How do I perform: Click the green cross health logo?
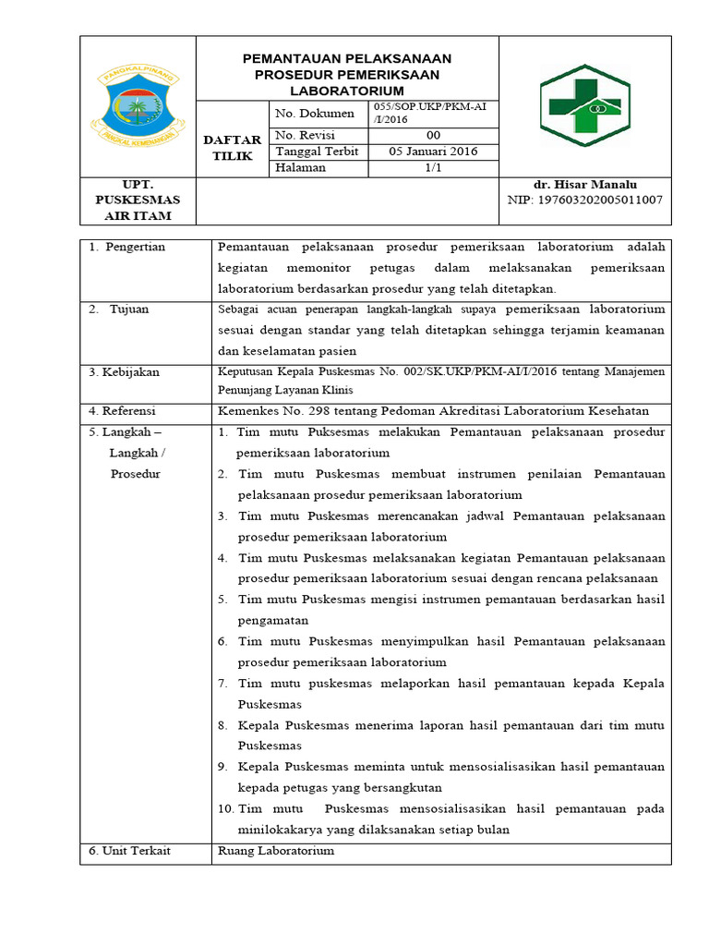[585, 106]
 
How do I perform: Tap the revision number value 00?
[433, 135]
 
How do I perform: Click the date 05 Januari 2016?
[433, 152]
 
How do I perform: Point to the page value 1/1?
[433, 168]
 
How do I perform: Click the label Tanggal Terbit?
[314, 152]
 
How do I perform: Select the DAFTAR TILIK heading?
[233, 147]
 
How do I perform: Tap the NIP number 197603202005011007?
[584, 200]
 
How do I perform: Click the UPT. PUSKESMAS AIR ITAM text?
[138, 200]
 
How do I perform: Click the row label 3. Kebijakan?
[125, 371]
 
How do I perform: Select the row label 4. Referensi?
[123, 410]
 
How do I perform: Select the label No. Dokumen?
[315, 113]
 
